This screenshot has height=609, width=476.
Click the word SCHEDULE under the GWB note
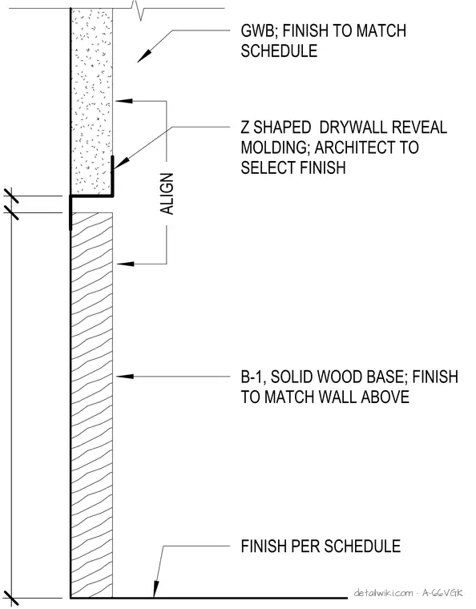[279, 50]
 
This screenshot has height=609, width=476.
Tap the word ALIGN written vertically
[167, 193]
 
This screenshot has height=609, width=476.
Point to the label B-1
[252, 377]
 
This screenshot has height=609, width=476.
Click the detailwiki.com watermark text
[383, 593]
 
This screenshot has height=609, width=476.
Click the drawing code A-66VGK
[443, 593]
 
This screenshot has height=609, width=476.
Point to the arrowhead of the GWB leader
[143, 56]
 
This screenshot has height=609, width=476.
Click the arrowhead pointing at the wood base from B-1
[125, 377]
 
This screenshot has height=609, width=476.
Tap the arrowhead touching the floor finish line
[155, 590]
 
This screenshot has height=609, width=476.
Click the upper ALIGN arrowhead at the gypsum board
[124, 101]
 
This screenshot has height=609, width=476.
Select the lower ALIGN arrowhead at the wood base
[125, 264]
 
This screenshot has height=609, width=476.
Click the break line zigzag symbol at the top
[139, 10]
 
